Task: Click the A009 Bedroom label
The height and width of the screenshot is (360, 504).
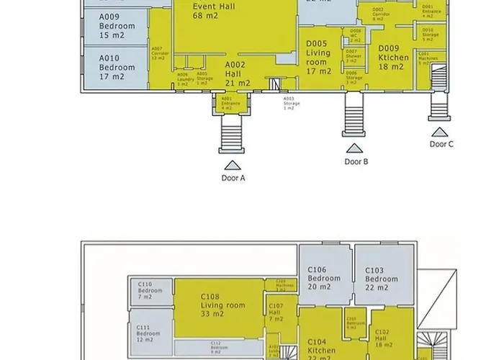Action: (115, 26)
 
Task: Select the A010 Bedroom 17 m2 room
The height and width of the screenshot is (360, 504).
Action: (115, 67)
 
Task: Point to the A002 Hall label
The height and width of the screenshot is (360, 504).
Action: (238, 73)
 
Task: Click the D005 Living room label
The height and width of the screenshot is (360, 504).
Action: (318, 57)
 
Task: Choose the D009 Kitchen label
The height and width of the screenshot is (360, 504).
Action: (394, 58)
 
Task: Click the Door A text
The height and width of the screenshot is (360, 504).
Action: (233, 177)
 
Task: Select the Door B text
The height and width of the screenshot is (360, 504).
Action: (356, 162)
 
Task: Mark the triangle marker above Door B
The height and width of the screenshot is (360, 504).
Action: (354, 149)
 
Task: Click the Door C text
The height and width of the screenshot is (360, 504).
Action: (441, 143)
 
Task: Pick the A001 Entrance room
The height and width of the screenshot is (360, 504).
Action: (230, 104)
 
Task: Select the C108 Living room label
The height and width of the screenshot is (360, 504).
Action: (222, 305)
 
